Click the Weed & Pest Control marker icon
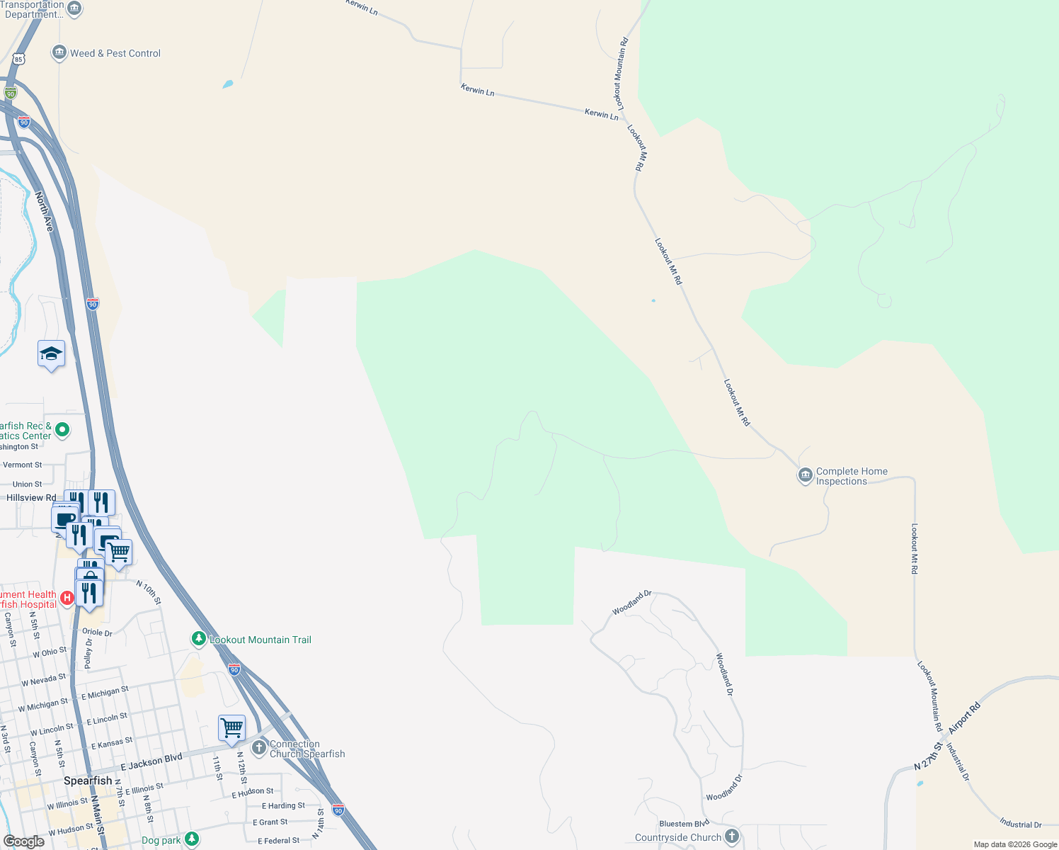click(59, 53)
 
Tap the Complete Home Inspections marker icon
click(805, 475)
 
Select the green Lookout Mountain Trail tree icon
click(199, 639)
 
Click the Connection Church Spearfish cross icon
click(259, 747)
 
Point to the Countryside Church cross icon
click(732, 837)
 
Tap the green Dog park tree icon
click(191, 839)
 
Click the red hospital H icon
click(67, 599)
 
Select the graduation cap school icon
click(51, 353)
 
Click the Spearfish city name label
click(88, 781)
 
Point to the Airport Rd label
click(965, 718)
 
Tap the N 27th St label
click(929, 757)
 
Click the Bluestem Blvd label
click(684, 824)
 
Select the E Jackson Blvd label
click(151, 762)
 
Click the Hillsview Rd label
click(31, 498)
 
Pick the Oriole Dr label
click(98, 632)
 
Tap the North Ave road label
click(44, 212)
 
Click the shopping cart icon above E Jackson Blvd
click(231, 727)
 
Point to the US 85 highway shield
click(19, 59)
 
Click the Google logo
click(24, 841)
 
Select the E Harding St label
click(283, 805)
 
